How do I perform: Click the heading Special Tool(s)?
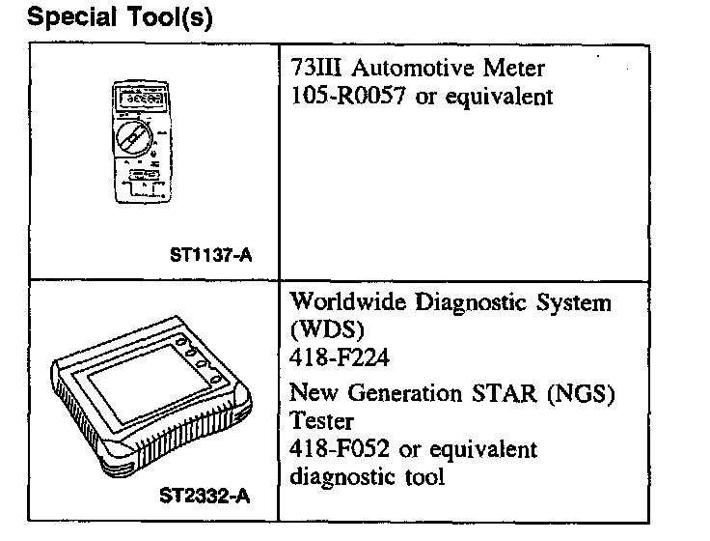pyautogui.click(x=121, y=18)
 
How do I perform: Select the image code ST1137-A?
pyautogui.click(x=213, y=256)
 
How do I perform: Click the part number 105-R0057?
pyautogui.click(x=348, y=97)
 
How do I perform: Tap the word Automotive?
pyautogui.click(x=412, y=70)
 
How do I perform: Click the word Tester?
pyautogui.click(x=320, y=422)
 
